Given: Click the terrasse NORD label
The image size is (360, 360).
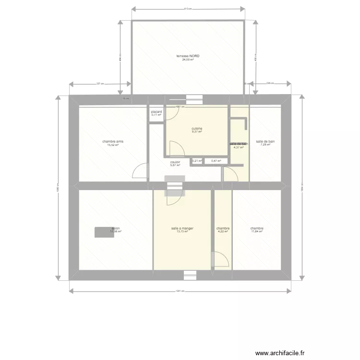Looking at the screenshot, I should [x=188, y=56].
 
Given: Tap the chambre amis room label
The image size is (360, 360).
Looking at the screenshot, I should [x=113, y=142].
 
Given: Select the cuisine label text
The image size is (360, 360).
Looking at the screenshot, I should [x=197, y=128].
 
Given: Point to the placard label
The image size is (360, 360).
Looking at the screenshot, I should [x=156, y=111].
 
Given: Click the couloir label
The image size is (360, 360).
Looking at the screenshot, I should [x=175, y=162].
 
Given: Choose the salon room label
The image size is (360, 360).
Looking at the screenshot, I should [x=116, y=228].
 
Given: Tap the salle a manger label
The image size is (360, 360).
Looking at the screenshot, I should [x=182, y=228].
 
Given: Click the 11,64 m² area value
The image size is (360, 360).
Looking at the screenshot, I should [x=257, y=232].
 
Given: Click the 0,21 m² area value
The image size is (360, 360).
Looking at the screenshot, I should [x=197, y=161].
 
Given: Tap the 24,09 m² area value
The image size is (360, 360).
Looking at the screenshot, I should [x=188, y=60].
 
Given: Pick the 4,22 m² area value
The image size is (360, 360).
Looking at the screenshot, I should [x=223, y=232].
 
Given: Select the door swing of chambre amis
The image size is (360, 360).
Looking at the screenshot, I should [x=140, y=170].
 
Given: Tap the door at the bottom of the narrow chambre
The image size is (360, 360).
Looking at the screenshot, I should [x=221, y=260].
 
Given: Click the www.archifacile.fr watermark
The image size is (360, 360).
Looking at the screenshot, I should [x=280, y=353].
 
